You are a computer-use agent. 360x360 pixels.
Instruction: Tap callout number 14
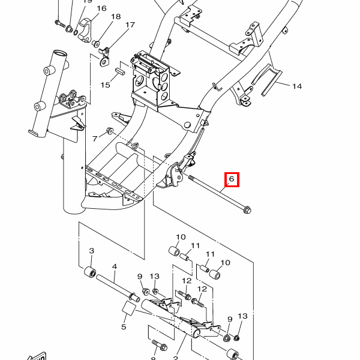297,86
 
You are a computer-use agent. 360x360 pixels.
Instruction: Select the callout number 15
106,85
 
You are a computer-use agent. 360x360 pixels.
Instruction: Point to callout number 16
101,8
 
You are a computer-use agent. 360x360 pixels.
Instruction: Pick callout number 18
116,16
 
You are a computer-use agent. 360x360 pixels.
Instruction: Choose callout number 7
94,139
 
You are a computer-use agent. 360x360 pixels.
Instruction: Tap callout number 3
92,250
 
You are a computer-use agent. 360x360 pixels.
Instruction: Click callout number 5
124,327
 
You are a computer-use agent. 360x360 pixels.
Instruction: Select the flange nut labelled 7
110,131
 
